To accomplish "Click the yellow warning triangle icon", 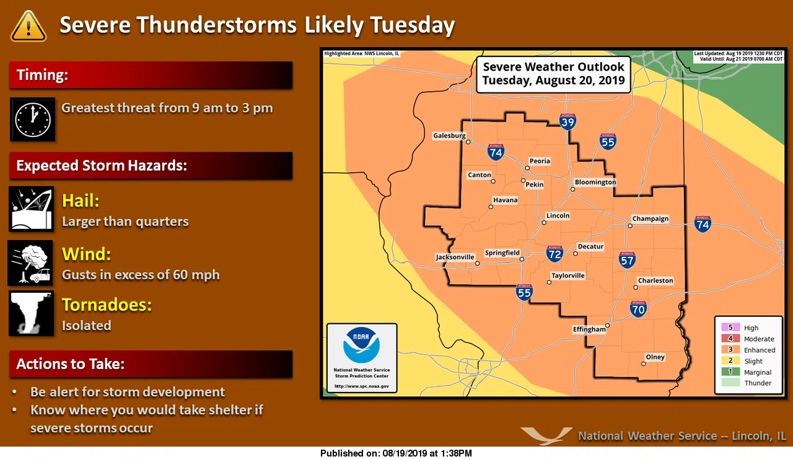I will [28, 26].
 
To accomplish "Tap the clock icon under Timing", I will [33, 119].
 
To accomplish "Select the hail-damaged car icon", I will [32, 209].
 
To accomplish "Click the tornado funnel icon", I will [31, 313].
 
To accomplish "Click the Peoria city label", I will [540, 161].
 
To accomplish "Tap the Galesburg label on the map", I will [449, 135].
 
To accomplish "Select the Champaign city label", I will [650, 219].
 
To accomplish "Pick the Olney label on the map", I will [655, 357].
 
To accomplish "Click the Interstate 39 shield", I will [568, 122].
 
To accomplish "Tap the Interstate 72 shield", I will [554, 254].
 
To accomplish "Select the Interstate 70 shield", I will [638, 308].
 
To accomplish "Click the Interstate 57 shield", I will [628, 260].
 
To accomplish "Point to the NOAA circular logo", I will [362, 345].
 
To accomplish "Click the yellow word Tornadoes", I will [107, 305].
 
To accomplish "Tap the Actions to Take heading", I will [71, 364].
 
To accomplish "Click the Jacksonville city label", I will [455, 257].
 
